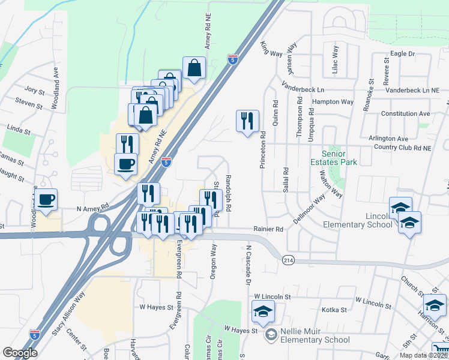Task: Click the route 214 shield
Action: pyautogui.click(x=286, y=258)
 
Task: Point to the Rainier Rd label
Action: pyautogui.click(x=267, y=229)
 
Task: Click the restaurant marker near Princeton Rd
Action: pyautogui.click(x=247, y=122)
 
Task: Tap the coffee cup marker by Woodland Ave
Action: pyautogui.click(x=47, y=200)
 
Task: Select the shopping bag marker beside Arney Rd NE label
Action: pyautogui.click(x=194, y=69)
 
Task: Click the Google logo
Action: pyautogui.click(x=20, y=352)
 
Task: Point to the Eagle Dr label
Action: pyautogui.click(x=402, y=53)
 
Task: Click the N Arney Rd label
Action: pyautogui.click(x=92, y=208)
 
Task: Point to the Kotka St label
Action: pyautogui.click(x=335, y=310)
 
